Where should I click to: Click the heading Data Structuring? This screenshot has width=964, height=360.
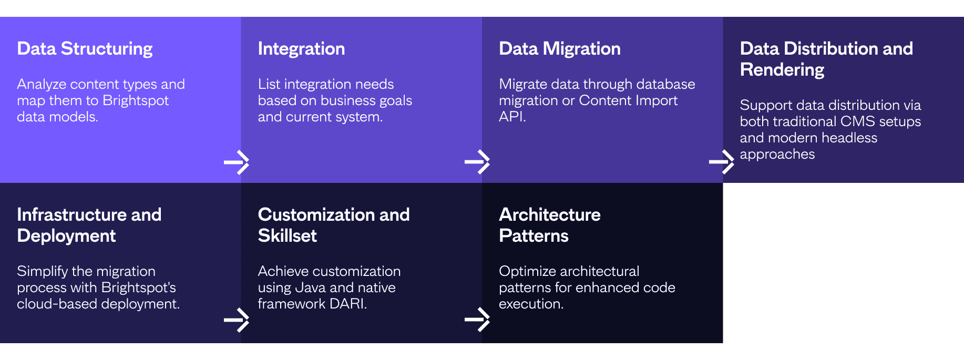pos(85,49)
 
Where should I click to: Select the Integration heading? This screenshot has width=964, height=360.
pos(301,49)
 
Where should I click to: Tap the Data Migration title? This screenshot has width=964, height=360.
pos(560,49)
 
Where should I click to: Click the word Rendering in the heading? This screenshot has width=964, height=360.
pos(782,70)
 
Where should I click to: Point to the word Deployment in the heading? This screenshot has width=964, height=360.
pos(66,236)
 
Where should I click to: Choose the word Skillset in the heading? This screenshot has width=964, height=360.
pos(288,236)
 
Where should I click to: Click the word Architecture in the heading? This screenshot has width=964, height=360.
pos(550,214)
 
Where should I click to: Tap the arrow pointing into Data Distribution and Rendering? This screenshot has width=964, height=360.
pos(722,162)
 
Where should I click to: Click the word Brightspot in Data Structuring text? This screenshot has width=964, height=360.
pos(136,101)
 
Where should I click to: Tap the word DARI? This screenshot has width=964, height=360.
pos(348,304)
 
